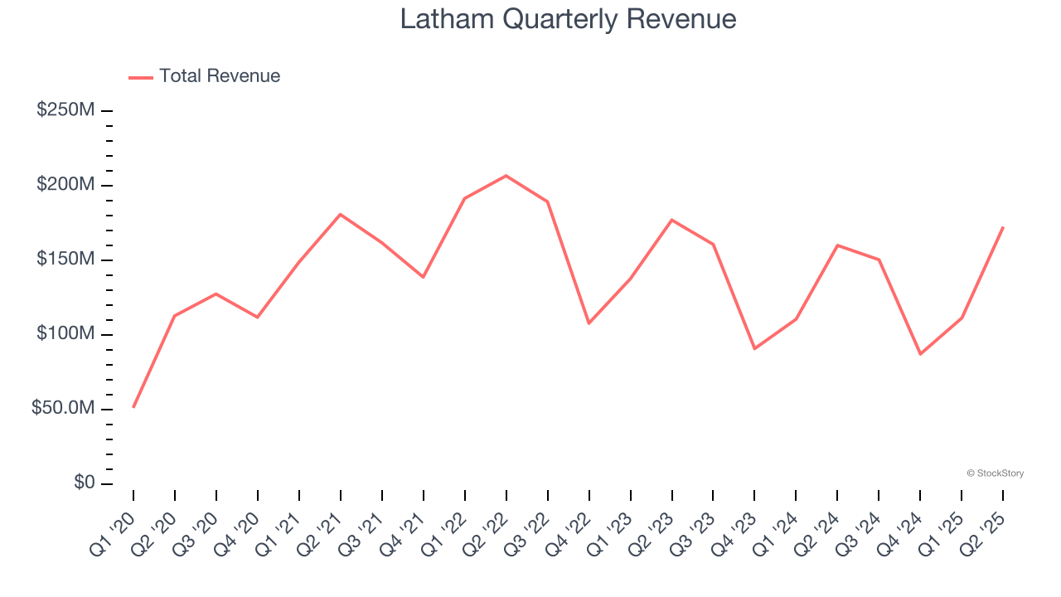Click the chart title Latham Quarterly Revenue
pos(568,19)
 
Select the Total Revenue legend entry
pos(205,76)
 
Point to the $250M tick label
pos(65,110)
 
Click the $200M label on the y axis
pos(65,185)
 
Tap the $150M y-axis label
pos(65,260)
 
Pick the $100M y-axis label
pos(65,334)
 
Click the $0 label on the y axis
pos(84,483)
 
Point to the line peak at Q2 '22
pos(506,176)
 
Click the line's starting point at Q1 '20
pos(133,407)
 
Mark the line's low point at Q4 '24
pos(920,354)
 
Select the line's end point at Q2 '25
pos(1003,227)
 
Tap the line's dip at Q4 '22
pos(589,323)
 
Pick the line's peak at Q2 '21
pos(340,214)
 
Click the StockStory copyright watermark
pos(995,473)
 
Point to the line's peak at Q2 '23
pos(671,220)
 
